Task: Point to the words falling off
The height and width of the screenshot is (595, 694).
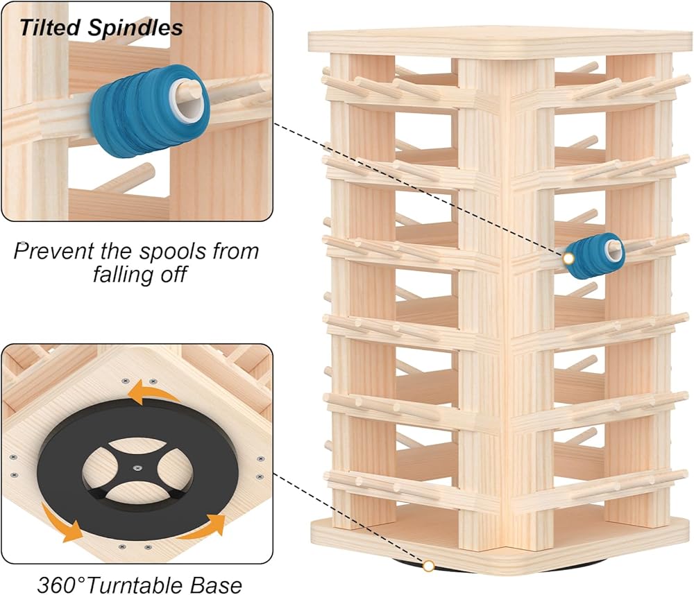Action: (139, 274)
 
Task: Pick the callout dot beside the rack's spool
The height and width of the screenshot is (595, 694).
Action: (569, 259)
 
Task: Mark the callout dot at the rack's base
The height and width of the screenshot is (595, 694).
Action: (429, 567)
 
